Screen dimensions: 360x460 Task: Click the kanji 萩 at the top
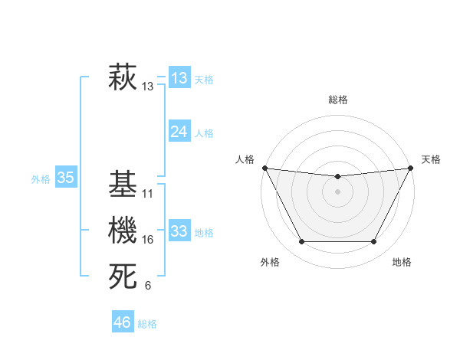click(123, 79)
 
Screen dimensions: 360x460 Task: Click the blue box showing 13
click(179, 78)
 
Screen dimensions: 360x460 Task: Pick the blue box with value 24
click(179, 132)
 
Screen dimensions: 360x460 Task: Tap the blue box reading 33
click(179, 231)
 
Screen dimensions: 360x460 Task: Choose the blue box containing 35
click(65, 178)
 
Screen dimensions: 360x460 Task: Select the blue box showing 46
click(122, 322)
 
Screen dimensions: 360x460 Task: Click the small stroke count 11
click(148, 194)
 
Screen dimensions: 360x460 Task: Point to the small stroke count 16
click(148, 240)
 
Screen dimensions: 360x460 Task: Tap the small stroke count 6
click(148, 286)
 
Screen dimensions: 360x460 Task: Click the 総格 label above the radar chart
click(337, 100)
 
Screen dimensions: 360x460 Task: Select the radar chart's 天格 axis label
click(431, 159)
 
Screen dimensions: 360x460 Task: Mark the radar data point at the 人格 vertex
click(264, 168)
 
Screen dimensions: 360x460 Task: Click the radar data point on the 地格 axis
click(373, 242)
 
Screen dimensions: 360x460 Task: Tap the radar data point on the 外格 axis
click(301, 242)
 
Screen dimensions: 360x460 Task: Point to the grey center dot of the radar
click(337, 191)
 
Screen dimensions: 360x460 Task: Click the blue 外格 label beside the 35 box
click(41, 179)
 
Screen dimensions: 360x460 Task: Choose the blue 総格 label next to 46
click(147, 323)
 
